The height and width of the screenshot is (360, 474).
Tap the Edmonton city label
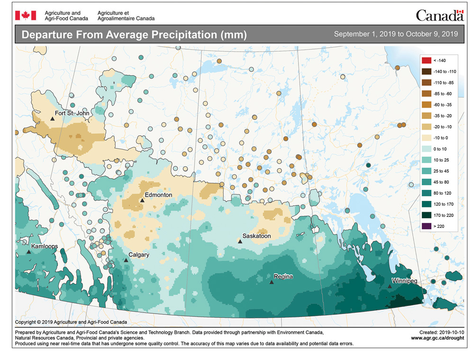[158, 195]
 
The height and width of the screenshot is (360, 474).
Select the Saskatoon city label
[256, 235]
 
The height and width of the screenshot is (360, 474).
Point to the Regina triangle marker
[271, 282]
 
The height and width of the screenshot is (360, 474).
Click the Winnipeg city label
[404, 281]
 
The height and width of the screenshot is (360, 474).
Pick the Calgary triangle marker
[126, 260]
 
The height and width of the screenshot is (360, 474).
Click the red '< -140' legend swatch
[426, 60]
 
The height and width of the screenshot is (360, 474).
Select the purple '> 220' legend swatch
[426, 226]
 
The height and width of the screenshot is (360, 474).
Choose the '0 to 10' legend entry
[442, 149]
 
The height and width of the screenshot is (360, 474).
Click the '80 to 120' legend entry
[444, 193]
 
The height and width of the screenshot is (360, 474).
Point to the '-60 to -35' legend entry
[444, 105]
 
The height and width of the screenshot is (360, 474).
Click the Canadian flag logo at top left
[22, 16]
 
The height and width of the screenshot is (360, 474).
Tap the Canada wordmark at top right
[439, 16]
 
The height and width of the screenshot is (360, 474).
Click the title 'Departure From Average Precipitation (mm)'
[134, 35]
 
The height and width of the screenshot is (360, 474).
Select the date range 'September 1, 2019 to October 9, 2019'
[396, 35]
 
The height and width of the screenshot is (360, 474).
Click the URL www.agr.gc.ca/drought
[437, 338]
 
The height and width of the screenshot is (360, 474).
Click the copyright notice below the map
[71, 322]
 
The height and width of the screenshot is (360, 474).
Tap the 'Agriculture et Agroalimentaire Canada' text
[126, 16]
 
